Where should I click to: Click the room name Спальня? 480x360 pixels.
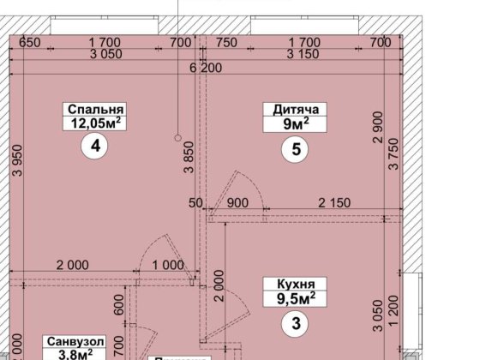click(x=94, y=109)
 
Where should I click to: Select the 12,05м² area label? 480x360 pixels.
click(x=94, y=123)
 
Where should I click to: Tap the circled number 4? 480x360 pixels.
click(x=94, y=147)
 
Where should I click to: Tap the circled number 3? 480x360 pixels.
click(x=295, y=325)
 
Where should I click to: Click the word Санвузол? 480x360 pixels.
click(x=75, y=341)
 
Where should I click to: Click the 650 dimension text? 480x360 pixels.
click(x=30, y=40)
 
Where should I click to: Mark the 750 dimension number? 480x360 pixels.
click(x=226, y=40)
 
